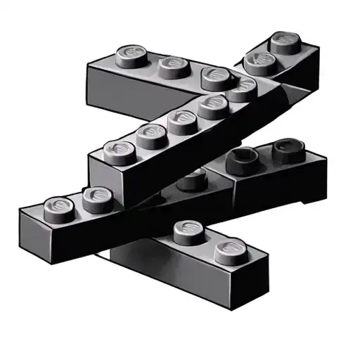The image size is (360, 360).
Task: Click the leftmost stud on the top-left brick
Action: [131, 55]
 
